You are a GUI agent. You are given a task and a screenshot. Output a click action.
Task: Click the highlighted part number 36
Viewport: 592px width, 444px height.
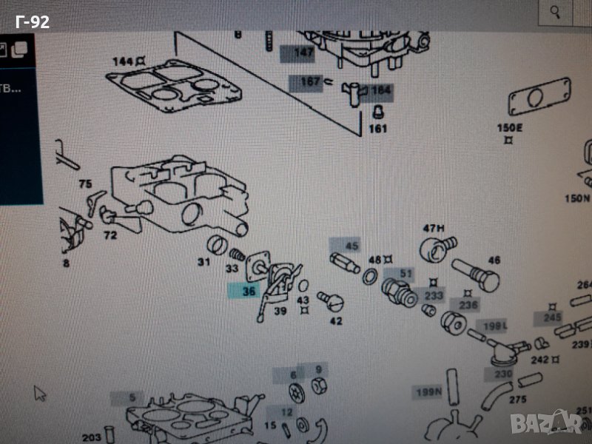click(x=248, y=292)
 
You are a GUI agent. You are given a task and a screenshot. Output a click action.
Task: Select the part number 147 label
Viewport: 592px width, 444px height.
click(x=303, y=53)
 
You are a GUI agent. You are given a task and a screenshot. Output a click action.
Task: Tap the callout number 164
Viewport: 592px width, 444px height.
click(x=380, y=91)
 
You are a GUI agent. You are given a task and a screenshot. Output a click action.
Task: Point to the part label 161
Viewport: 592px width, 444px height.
click(x=377, y=129)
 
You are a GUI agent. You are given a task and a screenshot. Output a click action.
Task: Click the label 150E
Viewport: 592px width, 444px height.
click(x=509, y=127)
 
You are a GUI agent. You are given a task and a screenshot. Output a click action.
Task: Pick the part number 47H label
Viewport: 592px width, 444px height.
click(x=432, y=227)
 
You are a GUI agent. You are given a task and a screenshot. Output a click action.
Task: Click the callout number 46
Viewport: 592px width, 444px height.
click(x=494, y=260)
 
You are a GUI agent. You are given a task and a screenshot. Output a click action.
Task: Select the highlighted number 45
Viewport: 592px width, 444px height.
click(x=351, y=246)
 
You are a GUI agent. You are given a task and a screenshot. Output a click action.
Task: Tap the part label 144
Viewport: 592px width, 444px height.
click(x=123, y=61)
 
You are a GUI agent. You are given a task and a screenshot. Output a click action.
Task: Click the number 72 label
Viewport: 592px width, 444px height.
click(x=110, y=235)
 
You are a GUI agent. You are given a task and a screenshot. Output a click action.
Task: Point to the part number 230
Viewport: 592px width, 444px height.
click(x=503, y=374)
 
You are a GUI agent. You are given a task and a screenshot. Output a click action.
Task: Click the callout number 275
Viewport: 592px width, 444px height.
click(x=517, y=400)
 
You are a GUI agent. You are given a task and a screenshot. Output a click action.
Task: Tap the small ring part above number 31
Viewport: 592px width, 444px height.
click(x=215, y=243)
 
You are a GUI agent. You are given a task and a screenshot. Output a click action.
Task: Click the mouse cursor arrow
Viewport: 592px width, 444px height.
click(x=40, y=392)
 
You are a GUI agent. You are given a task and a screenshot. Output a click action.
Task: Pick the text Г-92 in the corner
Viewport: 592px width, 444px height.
click(x=33, y=22)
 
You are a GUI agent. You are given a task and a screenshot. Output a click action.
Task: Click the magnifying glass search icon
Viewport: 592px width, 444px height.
click(x=554, y=12)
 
